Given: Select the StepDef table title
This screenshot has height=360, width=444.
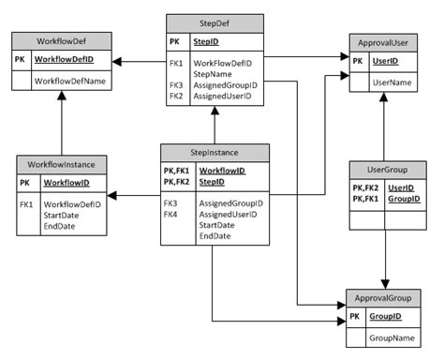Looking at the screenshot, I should (x=215, y=22).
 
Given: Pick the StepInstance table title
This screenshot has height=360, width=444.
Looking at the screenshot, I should (x=215, y=152).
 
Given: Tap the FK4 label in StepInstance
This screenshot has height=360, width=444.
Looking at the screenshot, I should (x=170, y=215).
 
